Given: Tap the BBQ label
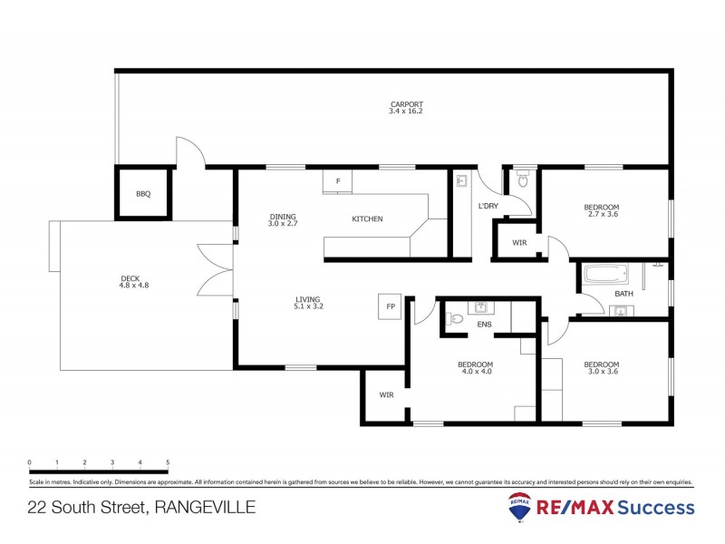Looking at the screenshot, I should [142, 194].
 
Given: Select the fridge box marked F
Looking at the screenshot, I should [337, 181].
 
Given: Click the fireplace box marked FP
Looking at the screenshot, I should [391, 306].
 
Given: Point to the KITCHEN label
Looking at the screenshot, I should [367, 219].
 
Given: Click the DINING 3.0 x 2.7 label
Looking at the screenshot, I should [283, 219].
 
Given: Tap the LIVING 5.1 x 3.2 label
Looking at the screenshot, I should [308, 303].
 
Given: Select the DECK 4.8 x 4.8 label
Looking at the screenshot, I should [133, 282].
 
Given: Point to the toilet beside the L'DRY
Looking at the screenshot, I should [521, 181].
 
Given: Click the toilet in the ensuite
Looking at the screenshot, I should [456, 318].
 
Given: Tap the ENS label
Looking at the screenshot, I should [484, 324].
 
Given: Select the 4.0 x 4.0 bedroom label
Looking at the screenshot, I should [476, 368].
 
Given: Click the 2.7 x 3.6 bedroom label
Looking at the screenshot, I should [603, 211].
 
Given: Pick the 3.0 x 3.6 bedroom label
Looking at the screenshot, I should [603, 368].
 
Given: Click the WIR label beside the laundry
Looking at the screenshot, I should [519, 243].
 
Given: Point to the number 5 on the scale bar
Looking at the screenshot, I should [168, 462].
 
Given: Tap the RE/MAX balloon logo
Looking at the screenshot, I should [519, 509].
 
